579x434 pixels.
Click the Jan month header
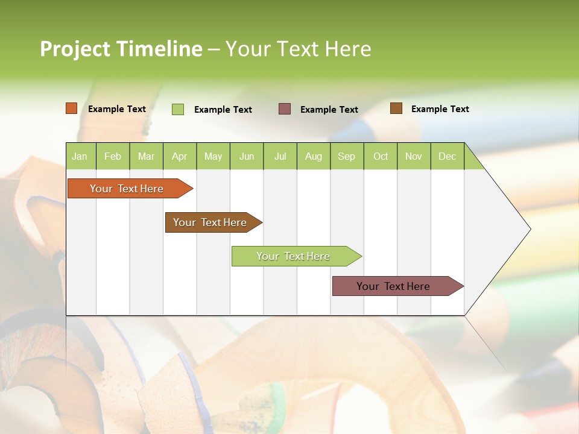tap(80, 156)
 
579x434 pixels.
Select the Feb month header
tap(113, 156)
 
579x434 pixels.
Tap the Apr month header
tap(180, 156)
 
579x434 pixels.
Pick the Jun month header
tap(247, 156)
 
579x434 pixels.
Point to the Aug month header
tap(314, 156)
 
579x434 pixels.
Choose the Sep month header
tap(347, 156)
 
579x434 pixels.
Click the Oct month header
tap(381, 156)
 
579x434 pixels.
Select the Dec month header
tap(448, 156)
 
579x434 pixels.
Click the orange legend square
tap(72, 108)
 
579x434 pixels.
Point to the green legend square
tap(178, 109)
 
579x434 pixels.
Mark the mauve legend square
tap(285, 108)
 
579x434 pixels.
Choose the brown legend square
tap(396, 108)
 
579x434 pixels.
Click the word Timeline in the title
tap(159, 49)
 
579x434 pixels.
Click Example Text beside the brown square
tap(440, 109)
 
